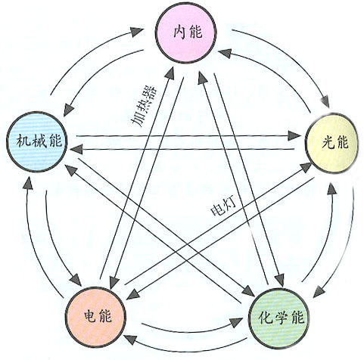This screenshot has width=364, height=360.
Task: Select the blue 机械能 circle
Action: click(x=37, y=141)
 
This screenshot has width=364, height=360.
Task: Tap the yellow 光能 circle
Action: click(x=332, y=143)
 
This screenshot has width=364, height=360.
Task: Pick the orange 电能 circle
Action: click(x=95, y=317)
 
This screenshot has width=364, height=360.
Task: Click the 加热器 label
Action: click(x=145, y=107)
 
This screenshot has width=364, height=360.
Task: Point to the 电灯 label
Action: click(x=223, y=206)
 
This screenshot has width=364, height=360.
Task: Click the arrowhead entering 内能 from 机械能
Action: click(x=138, y=31)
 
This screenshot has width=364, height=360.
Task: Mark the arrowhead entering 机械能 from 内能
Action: click(x=68, y=110)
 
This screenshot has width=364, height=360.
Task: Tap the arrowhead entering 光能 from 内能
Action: click(x=325, y=101)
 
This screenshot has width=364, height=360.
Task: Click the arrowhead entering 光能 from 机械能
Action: click(x=294, y=136)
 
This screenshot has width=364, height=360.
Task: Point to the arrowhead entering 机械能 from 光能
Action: click(x=76, y=149)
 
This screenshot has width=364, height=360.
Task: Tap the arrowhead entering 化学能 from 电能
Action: click(x=236, y=322)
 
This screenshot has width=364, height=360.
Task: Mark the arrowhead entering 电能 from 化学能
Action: click(x=130, y=340)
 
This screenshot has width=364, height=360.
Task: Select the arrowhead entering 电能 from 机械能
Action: click(x=76, y=279)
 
